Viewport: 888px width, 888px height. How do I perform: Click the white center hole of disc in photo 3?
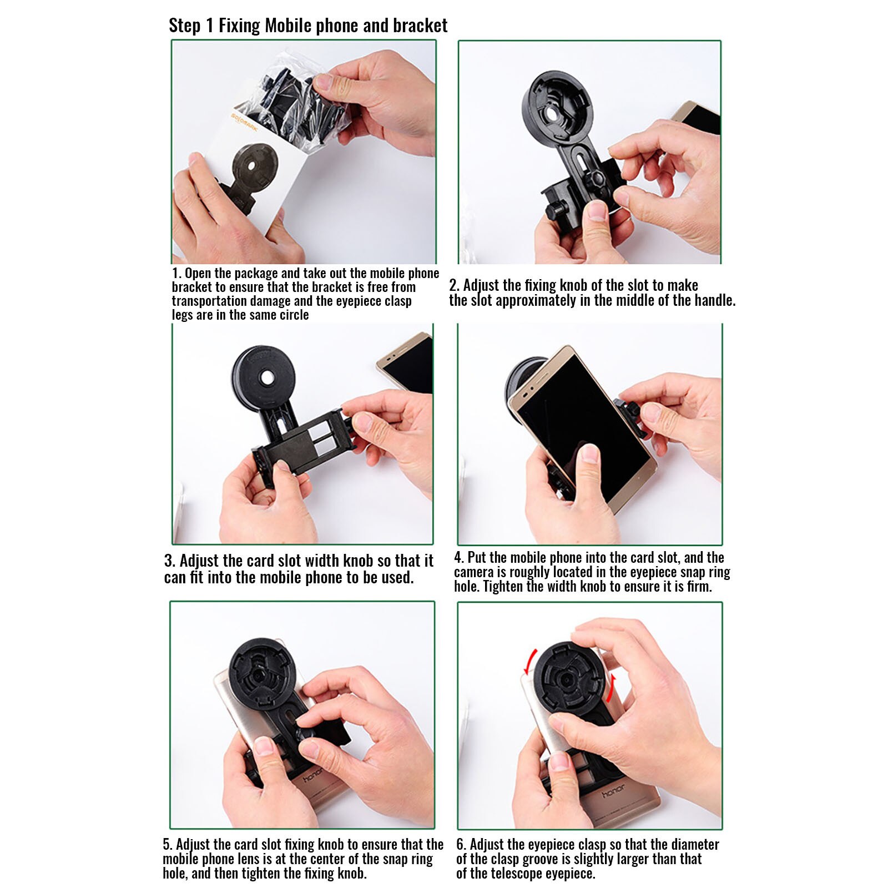[x=267, y=378]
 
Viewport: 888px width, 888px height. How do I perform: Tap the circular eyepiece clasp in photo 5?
[x=259, y=675]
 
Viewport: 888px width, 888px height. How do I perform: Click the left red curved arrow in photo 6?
[x=532, y=660]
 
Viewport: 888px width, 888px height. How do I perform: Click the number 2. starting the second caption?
[x=454, y=286]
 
